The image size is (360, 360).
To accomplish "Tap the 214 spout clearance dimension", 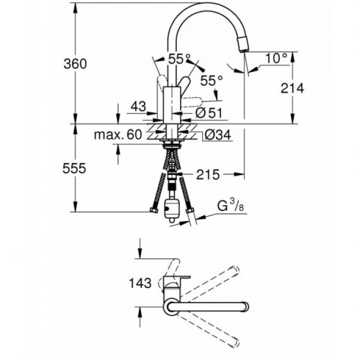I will coord(293,88).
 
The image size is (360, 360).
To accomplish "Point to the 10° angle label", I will coord(276,58).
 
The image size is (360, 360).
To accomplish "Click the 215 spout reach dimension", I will coord(207,175).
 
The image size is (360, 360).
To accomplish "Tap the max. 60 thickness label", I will coord(118,135).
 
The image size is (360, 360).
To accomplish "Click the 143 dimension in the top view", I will coord(140,282).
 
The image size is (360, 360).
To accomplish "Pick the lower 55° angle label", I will coord(211,80).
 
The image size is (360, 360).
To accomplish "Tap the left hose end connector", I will coord(153,210).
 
